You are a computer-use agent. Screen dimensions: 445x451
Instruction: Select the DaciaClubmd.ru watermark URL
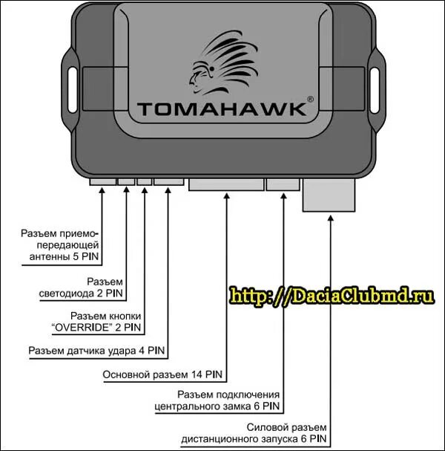332,296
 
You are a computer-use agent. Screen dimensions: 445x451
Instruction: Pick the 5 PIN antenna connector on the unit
102,181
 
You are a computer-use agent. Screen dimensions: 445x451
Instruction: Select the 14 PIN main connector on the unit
225,184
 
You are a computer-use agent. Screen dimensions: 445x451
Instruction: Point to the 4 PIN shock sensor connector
169,181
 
